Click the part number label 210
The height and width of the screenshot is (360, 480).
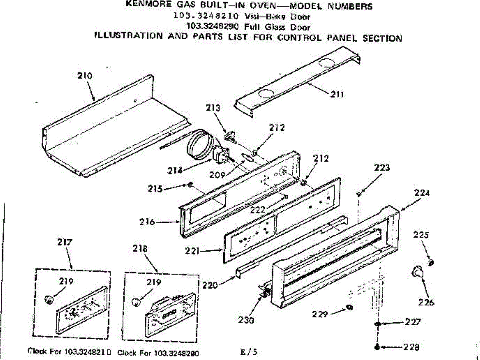click(x=85, y=76)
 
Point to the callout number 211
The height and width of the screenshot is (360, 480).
click(x=337, y=95)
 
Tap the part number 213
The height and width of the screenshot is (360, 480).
click(x=213, y=108)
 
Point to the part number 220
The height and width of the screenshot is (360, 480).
click(x=211, y=285)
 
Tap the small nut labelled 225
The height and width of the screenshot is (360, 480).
click(x=431, y=262)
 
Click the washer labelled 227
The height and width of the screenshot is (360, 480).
click(x=377, y=323)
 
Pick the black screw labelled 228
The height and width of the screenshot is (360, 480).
click(x=377, y=347)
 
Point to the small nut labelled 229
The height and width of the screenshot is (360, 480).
click(x=349, y=308)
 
